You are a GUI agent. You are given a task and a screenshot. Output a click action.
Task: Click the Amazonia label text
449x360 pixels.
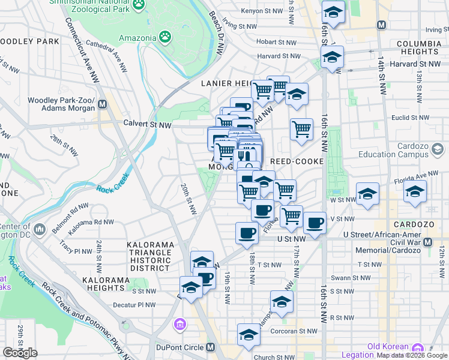click(137, 38)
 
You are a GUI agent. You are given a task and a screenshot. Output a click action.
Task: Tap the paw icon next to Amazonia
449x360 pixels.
click(164, 37)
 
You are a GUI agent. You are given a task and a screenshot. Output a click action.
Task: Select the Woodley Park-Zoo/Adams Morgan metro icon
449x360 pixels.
click(102, 104)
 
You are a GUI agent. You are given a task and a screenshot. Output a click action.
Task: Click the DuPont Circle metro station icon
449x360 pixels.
click(210, 347)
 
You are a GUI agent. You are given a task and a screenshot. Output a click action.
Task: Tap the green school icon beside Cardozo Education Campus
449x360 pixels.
click(438, 149)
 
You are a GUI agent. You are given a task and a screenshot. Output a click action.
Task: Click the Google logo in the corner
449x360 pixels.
click(20, 353)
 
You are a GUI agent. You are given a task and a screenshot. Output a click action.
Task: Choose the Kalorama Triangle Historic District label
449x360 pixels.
click(149, 257)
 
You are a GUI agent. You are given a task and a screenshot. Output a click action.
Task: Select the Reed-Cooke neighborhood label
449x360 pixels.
click(297, 161)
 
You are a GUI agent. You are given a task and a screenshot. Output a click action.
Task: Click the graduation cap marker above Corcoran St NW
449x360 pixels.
click(249, 335)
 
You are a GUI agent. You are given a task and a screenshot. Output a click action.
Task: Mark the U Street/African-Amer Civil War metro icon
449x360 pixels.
click(428, 242)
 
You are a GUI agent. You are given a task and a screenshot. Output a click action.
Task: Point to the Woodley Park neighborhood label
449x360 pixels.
click(30, 41)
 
